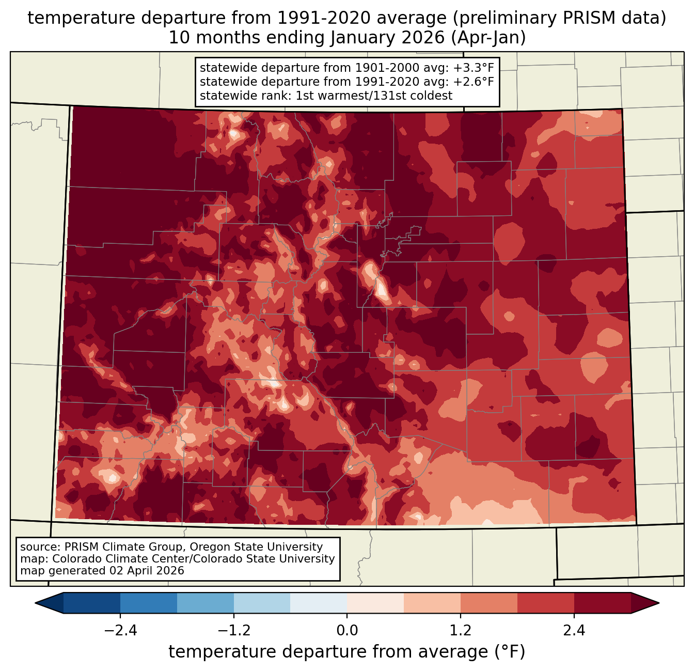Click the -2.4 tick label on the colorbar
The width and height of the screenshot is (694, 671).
coord(120,631)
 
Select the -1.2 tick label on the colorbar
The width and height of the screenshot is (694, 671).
coord(233,631)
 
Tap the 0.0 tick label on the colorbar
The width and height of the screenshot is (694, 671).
coord(347,631)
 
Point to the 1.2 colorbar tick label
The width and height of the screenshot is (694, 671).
coord(461,631)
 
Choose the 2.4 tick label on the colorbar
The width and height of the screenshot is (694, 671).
coord(574,631)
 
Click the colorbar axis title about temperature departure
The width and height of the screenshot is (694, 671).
coord(347,652)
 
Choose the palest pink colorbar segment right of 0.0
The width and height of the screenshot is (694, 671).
coord(375,603)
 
